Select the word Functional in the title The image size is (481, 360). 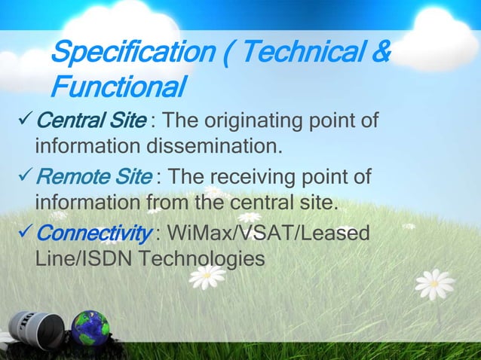[118, 87]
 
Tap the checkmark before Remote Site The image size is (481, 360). [25, 177]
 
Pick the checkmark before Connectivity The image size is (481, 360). [25, 233]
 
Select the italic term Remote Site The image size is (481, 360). [95, 177]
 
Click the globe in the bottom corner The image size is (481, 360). [90, 330]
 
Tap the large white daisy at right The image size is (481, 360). [435, 285]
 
